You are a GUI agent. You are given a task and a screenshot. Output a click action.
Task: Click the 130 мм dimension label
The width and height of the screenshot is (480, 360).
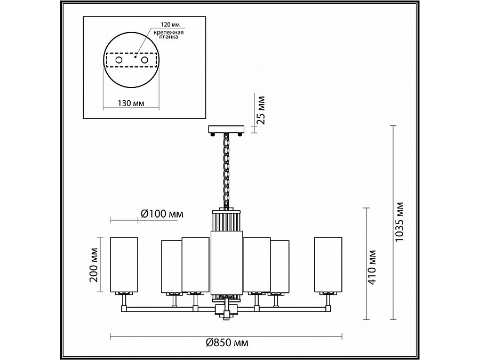coord(131,103)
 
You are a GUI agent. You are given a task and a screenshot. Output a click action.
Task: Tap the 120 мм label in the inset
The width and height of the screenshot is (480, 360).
coord(170,25)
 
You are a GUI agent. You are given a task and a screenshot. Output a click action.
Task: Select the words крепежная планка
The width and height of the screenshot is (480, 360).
coord(169,35)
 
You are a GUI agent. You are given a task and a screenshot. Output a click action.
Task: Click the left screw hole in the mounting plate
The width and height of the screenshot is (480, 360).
coord(119,60)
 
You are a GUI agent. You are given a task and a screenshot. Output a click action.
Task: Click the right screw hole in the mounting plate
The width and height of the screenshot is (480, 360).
coord(145,60)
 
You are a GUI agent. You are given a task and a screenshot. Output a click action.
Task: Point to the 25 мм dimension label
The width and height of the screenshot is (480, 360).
coord(261,110)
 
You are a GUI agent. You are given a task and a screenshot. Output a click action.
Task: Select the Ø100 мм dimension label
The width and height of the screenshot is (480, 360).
coord(162,214)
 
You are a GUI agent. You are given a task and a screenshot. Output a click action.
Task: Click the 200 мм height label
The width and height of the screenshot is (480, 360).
coord(94,265)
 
